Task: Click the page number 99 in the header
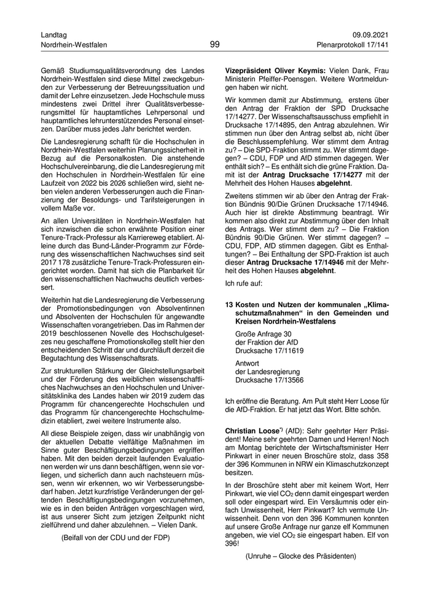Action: [214, 44]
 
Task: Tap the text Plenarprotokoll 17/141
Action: [353, 46]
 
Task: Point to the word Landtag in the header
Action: [53, 34]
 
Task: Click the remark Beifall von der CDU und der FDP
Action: [115, 537]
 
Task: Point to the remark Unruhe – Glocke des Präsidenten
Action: [300, 556]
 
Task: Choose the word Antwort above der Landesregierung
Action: [247, 364]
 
